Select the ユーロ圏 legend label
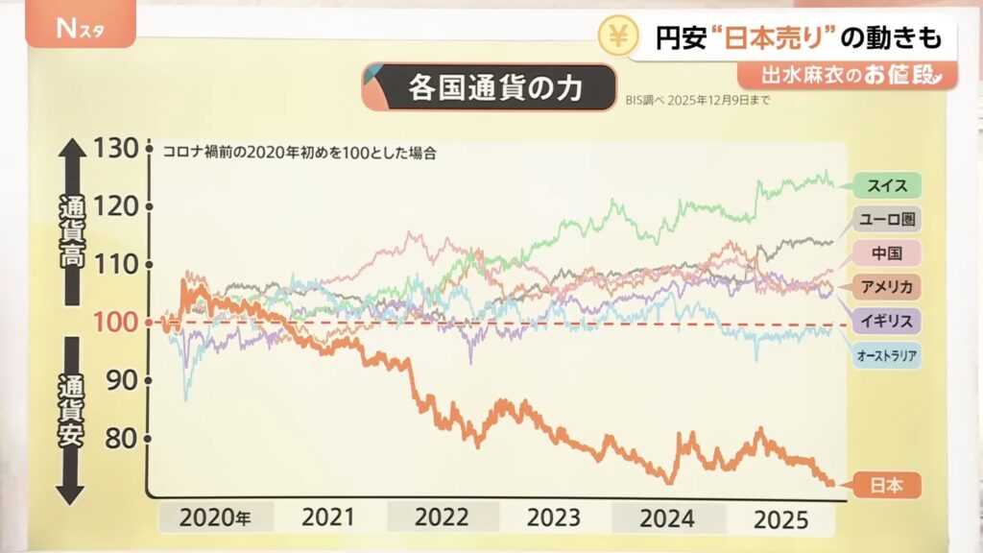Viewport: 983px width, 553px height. pos(887,219)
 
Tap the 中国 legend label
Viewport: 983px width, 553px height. pos(887,253)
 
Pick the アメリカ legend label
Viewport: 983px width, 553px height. pos(887,286)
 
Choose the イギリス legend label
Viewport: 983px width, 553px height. pos(887,320)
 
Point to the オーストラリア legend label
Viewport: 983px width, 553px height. pos(887,356)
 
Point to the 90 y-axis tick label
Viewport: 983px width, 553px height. pos(120,380)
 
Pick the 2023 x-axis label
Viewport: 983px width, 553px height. pos(554,517)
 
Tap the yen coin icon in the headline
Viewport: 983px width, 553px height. pos(615,36)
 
